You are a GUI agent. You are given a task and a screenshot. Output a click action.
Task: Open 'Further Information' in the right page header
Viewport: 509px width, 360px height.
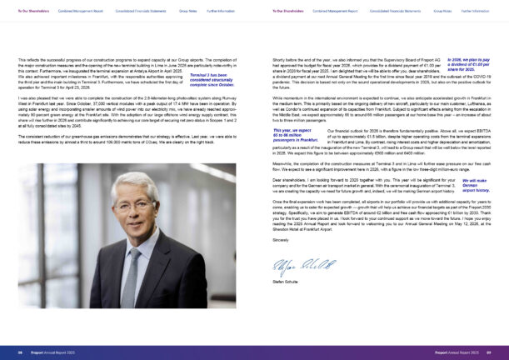[x=475, y=11]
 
